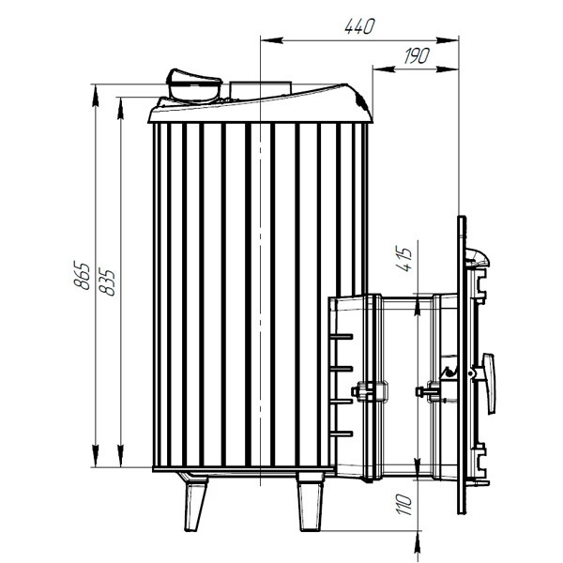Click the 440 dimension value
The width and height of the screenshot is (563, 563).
359,26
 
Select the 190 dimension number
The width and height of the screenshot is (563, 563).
417,55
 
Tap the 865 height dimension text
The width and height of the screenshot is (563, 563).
82,276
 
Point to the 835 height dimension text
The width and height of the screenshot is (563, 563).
107,282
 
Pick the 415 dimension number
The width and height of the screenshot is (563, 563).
403,259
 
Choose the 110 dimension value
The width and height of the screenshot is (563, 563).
403,505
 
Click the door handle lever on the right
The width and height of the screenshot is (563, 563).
489,384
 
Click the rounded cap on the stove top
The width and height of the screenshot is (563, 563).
194,85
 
